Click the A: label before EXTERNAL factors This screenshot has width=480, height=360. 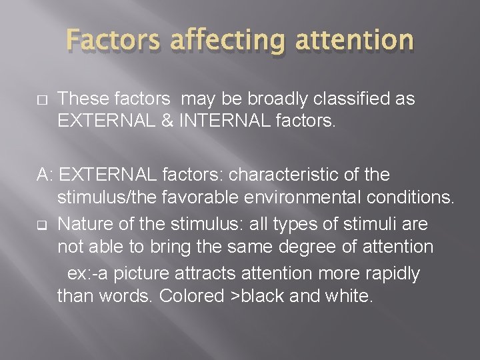(45, 175)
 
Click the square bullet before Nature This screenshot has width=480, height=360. (41, 223)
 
